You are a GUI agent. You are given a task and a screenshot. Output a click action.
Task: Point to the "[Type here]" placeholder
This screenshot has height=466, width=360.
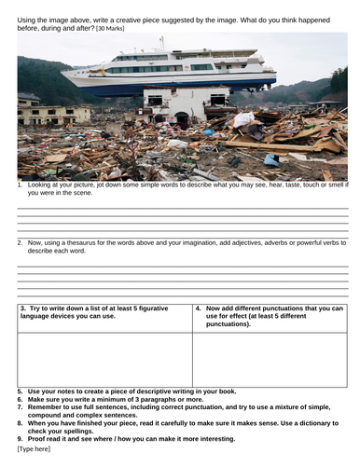pyautogui.click(x=36, y=449)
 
